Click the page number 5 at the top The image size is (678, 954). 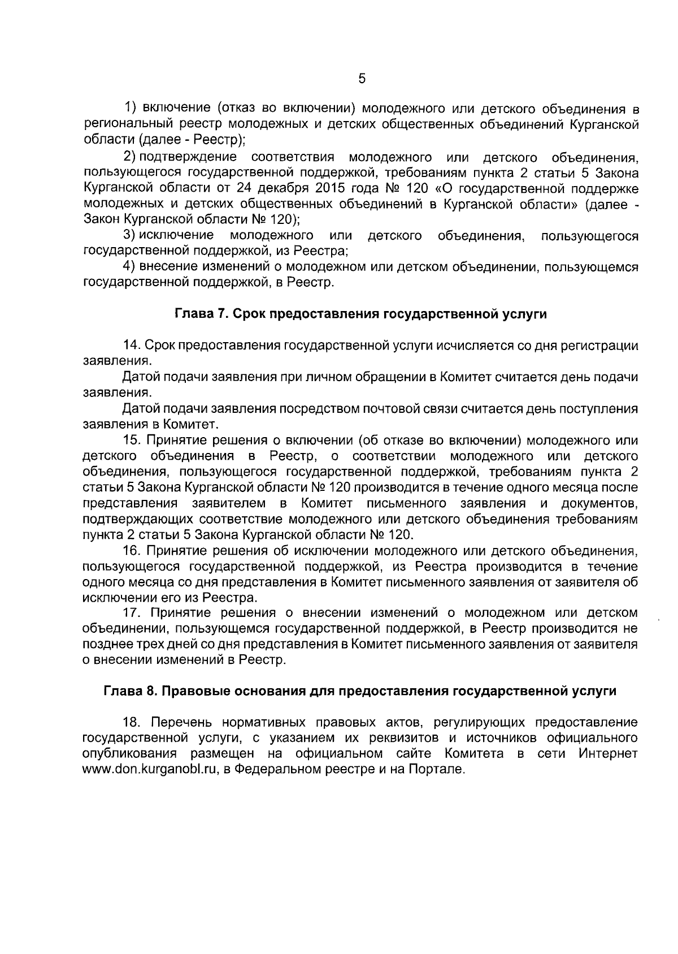coord(362,79)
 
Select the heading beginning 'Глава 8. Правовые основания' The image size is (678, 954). coord(359,691)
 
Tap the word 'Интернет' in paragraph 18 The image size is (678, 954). coord(608,754)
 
